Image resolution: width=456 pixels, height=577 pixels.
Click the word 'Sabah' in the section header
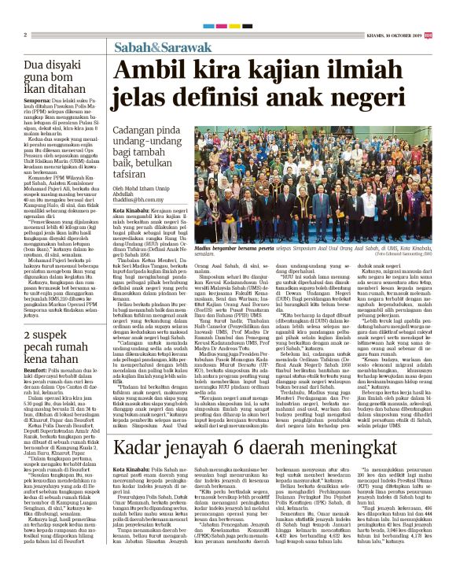(130, 48)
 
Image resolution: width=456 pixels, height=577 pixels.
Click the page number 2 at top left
(26, 35)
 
